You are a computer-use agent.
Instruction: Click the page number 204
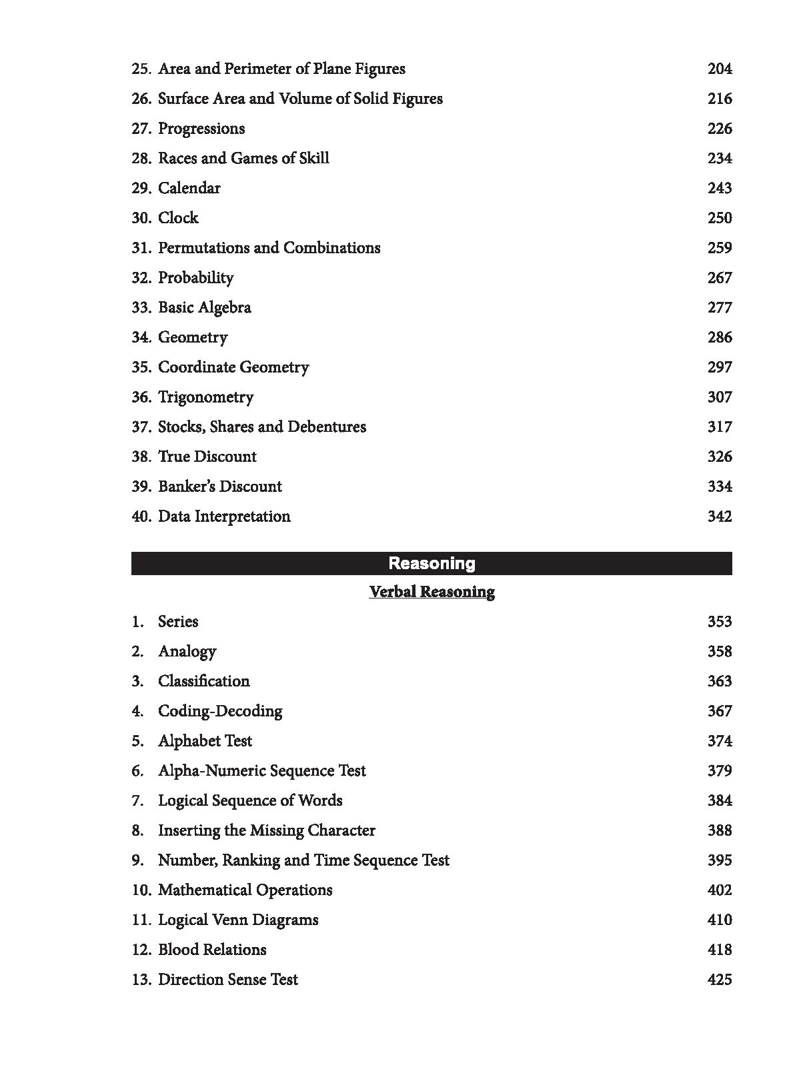tap(719, 69)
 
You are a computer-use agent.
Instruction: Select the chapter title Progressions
tap(201, 129)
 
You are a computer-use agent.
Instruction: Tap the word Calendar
tap(189, 188)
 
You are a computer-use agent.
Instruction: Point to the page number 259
tap(719, 248)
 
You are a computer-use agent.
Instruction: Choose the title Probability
tap(195, 278)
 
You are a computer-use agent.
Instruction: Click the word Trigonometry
tap(205, 397)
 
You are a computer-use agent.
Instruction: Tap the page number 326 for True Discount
tap(719, 457)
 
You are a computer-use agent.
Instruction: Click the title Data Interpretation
tap(224, 517)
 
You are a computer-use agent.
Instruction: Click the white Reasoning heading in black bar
tap(432, 564)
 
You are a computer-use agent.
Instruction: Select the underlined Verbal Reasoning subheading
tap(432, 592)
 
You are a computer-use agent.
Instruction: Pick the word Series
tap(178, 622)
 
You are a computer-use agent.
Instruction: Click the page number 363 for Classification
tap(719, 681)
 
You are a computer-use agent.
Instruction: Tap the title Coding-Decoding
tap(220, 711)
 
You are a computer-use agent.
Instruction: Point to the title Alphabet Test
tap(205, 741)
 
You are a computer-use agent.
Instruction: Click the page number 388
tap(719, 830)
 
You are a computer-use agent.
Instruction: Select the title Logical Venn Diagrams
tap(238, 920)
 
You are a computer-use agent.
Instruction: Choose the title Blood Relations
tap(212, 950)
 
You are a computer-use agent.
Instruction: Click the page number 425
tap(719, 980)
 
